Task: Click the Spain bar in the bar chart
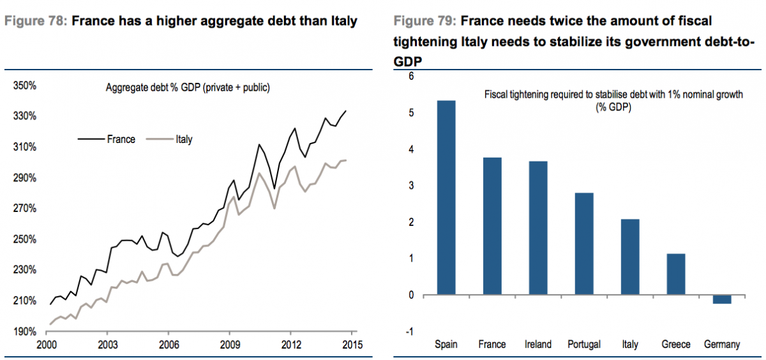pyautogui.click(x=446, y=198)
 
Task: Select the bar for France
pyautogui.click(x=492, y=227)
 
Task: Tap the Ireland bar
pyautogui.click(x=538, y=229)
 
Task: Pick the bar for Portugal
pyautogui.click(x=584, y=244)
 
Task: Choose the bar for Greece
pyautogui.click(x=676, y=274)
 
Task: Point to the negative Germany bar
pyautogui.click(x=722, y=299)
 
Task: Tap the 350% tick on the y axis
pyautogui.click(x=24, y=86)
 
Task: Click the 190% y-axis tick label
pyautogui.click(x=24, y=331)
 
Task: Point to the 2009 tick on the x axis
pyautogui.click(x=229, y=345)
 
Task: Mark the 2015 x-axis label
pyautogui.click(x=352, y=345)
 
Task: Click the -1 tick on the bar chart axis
pyautogui.click(x=410, y=331)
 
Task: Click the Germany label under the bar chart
pyautogui.click(x=722, y=345)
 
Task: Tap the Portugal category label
pyautogui.click(x=584, y=345)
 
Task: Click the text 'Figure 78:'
pyautogui.click(x=36, y=21)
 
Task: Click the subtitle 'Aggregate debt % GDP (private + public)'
pyautogui.click(x=188, y=88)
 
